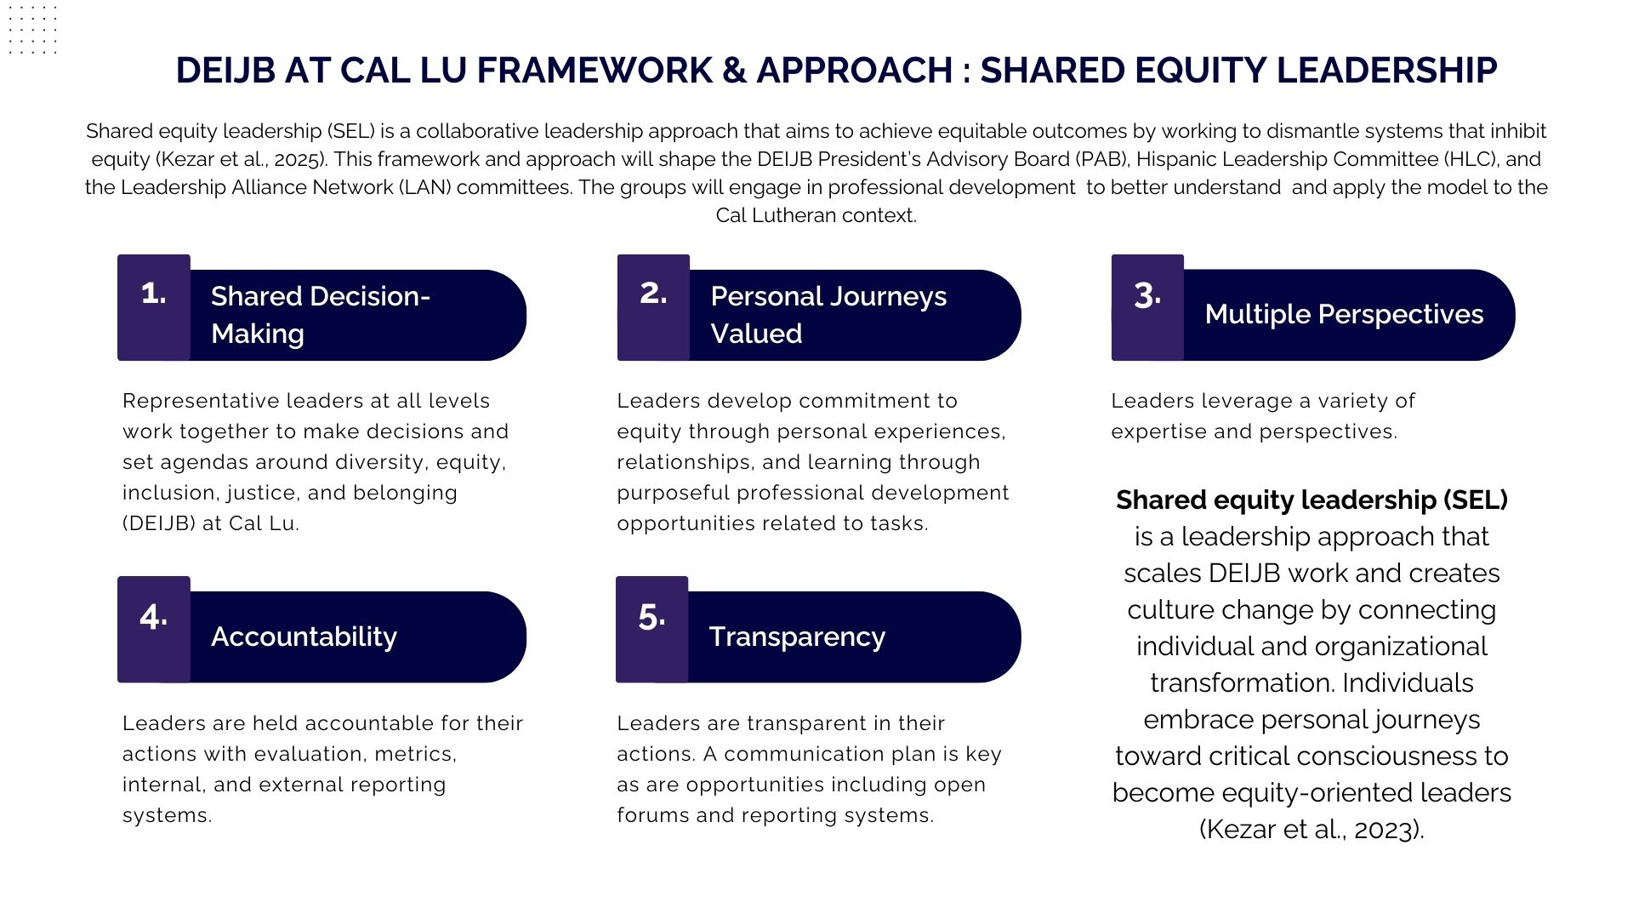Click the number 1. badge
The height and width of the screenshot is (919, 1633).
click(154, 307)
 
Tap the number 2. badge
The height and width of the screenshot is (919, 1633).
click(653, 307)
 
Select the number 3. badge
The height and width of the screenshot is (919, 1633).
click(1147, 307)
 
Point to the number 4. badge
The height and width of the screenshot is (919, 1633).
click(154, 630)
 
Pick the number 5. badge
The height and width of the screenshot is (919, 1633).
click(652, 630)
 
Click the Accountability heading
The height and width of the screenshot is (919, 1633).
click(304, 637)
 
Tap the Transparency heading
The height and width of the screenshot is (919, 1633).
click(797, 636)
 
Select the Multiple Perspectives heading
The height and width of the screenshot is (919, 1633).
click(1344, 315)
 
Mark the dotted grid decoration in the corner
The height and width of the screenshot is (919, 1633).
click(32, 30)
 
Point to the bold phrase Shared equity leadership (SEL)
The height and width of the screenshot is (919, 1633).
click(1312, 500)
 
